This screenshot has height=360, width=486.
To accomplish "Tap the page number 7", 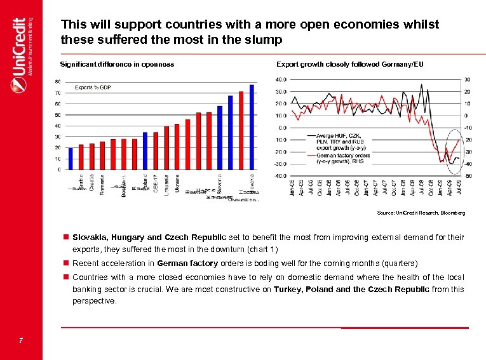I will [21, 342].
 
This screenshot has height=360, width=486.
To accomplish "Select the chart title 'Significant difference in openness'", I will [117, 64].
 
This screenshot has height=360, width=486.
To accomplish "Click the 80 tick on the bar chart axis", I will [58, 82].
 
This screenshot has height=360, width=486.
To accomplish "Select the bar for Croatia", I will [91, 156].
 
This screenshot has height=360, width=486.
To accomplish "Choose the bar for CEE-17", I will [156, 150].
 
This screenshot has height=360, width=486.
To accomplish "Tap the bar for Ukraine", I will [177, 147].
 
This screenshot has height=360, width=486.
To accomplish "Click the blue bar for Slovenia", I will [220, 138].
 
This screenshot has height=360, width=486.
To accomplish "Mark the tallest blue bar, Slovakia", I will [252, 127].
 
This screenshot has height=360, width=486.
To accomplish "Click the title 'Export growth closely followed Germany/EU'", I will [349, 64].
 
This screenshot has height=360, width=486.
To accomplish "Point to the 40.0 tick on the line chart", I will [280, 80].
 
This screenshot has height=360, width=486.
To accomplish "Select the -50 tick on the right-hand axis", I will [468, 175].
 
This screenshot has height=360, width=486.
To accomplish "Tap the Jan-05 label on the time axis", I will [293, 187].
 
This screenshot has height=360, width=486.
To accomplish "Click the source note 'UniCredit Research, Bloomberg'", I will [421, 213].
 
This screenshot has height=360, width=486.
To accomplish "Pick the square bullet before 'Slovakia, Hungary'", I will [65, 237].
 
